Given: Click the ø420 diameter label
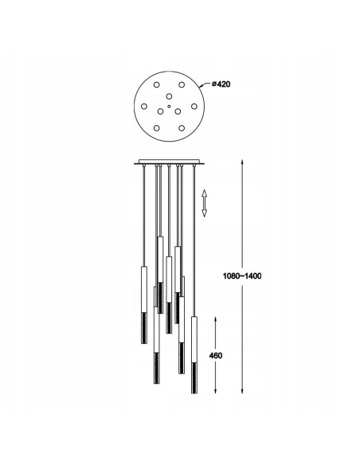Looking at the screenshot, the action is coord(221,84).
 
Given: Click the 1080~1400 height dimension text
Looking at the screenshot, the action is coord(242,276).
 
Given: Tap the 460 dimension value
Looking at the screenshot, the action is coord(216,355).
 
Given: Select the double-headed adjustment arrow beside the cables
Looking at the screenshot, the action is coord(205,203).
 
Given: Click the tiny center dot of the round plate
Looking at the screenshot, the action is coord(169,106).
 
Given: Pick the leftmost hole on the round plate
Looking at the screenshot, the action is coord(144,106).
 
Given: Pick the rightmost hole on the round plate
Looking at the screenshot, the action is coord(194,106).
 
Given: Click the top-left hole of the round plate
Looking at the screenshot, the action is coord(157,85).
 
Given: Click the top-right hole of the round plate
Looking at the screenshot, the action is coord(182,85).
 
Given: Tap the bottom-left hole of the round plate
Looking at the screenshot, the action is coord(157,128).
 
